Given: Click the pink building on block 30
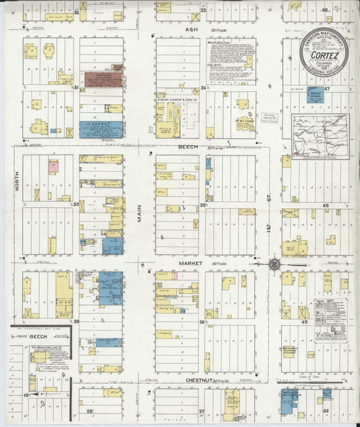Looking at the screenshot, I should (x=52, y=166).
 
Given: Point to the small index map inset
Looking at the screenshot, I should (x=320, y=136).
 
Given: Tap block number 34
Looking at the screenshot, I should (x=203, y=89).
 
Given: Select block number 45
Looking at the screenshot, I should (x=305, y=322).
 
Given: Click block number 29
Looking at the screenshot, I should (x=76, y=322).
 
